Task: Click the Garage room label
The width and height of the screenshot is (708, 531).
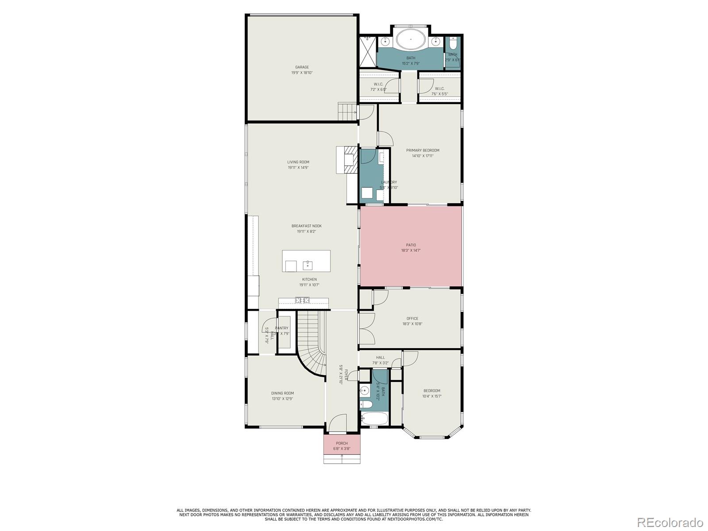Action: (302, 67)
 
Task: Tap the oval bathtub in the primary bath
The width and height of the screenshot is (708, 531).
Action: (411, 40)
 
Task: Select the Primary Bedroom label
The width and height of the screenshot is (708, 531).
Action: (423, 150)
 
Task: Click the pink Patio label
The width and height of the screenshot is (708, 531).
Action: (411, 245)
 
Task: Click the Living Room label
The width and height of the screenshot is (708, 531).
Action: (298, 162)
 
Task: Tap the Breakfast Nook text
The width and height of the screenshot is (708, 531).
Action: (306, 226)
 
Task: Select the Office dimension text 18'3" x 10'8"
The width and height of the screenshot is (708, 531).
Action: (412, 324)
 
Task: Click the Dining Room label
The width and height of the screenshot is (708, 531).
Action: (282, 393)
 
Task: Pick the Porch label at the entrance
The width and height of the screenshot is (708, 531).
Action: (342, 443)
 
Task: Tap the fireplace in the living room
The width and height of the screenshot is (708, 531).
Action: (351, 162)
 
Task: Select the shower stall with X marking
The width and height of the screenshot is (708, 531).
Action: (367, 52)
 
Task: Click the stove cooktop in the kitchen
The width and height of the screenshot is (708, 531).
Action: (303, 300)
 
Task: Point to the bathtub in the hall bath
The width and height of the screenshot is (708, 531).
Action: (374, 418)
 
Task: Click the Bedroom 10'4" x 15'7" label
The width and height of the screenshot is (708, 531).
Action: (431, 391)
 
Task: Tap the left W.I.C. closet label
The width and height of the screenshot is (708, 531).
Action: (378, 84)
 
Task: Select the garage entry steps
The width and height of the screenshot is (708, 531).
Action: (347, 112)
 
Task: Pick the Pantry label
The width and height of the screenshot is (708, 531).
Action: (282, 328)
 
